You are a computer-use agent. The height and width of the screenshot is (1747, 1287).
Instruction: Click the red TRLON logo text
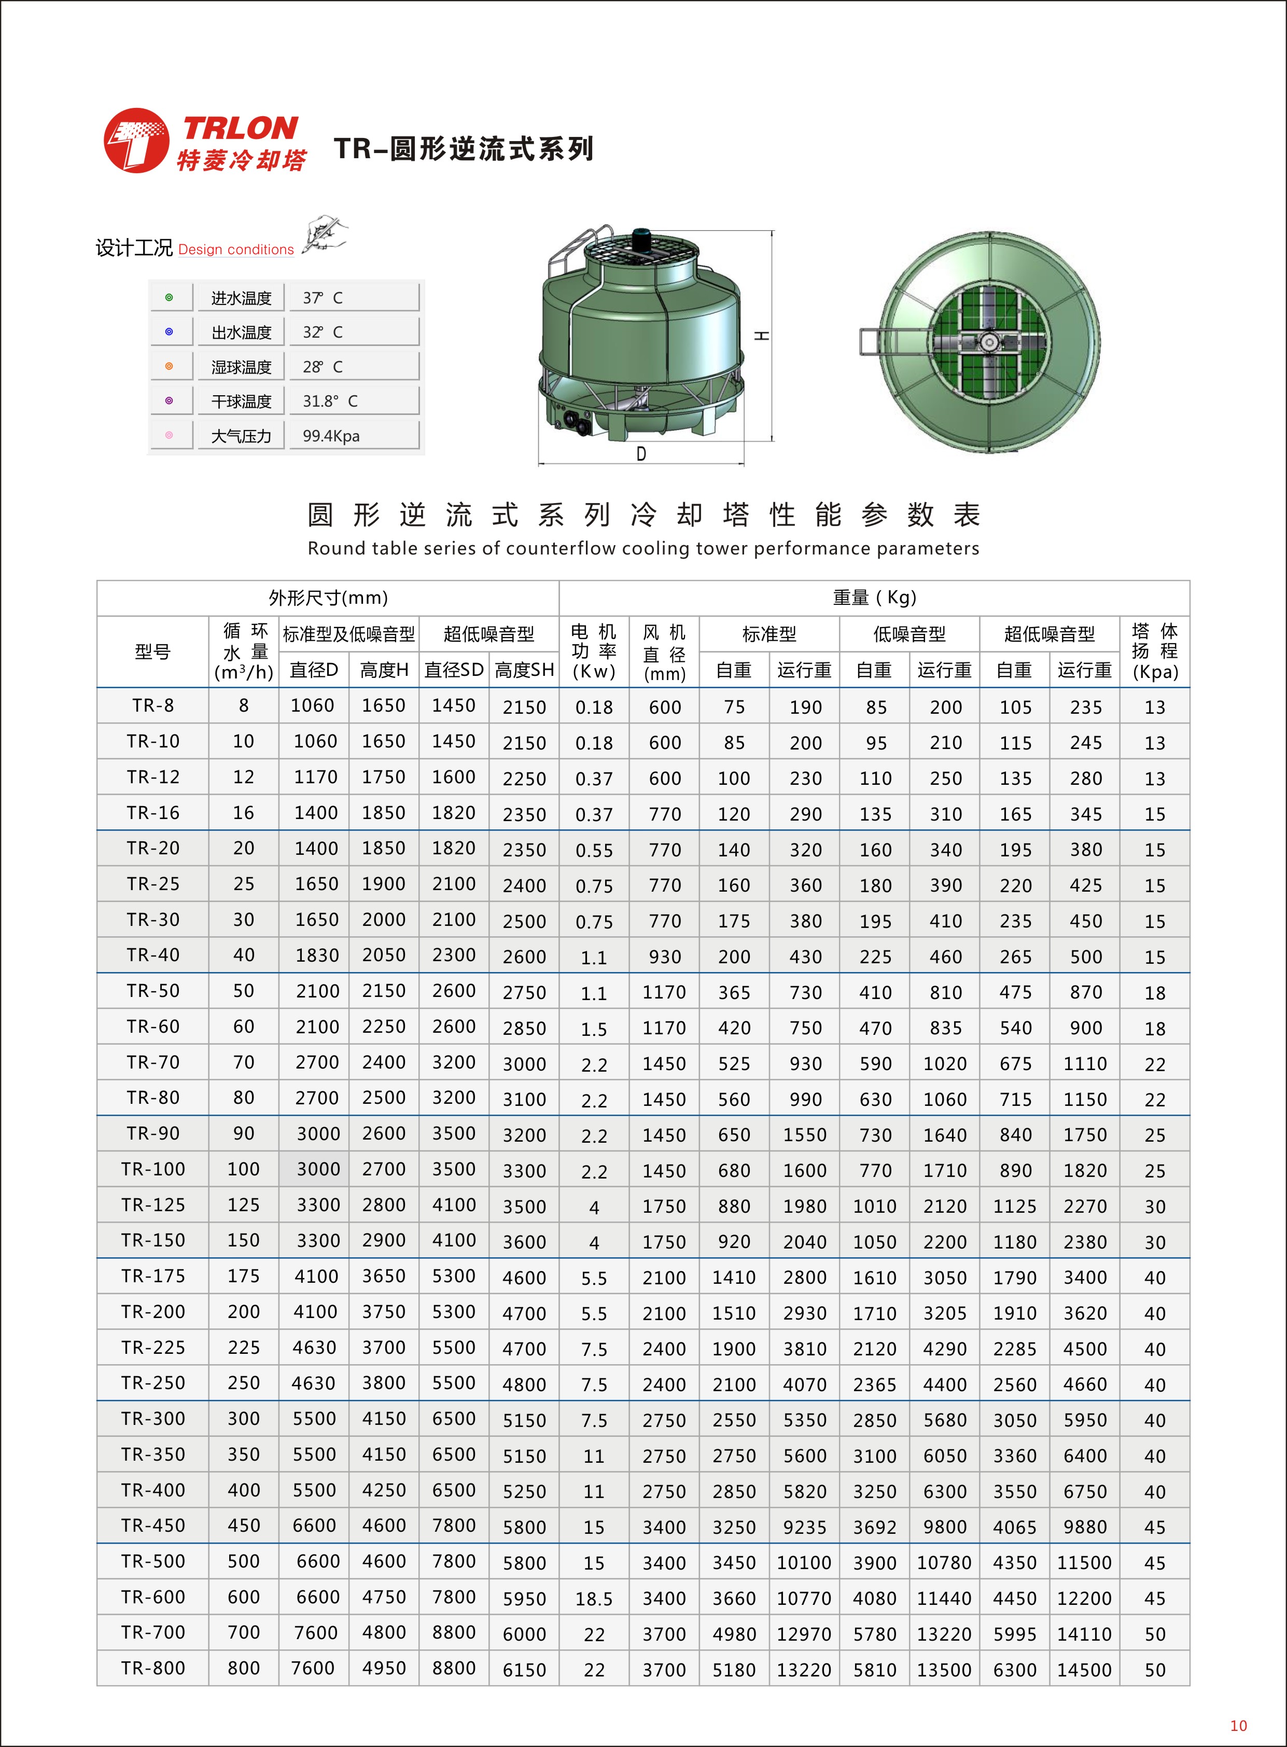click(241, 128)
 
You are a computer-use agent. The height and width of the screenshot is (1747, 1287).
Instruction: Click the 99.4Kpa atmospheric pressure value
click(331, 436)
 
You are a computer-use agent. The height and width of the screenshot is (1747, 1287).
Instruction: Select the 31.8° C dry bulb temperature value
click(330, 401)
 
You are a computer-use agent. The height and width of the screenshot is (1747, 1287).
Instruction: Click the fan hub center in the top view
click(989, 342)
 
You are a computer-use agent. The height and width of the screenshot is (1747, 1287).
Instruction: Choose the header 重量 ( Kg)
click(874, 598)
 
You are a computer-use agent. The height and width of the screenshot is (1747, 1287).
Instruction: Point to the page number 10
click(1238, 1726)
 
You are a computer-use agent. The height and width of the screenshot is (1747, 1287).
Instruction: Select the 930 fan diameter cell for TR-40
click(665, 957)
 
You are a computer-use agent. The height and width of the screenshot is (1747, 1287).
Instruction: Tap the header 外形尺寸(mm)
click(328, 598)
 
